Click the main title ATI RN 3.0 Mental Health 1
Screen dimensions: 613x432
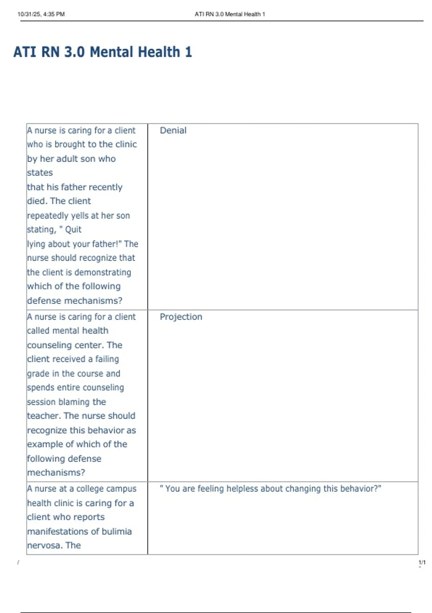(x=103, y=52)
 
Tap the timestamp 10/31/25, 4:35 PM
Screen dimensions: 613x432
(x=41, y=14)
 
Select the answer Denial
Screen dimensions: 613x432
(x=173, y=131)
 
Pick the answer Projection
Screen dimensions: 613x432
(x=181, y=317)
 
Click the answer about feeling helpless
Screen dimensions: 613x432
(x=270, y=489)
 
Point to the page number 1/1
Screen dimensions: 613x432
(x=422, y=563)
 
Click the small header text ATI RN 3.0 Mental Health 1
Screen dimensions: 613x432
(x=230, y=14)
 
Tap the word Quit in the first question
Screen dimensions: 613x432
(x=73, y=230)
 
